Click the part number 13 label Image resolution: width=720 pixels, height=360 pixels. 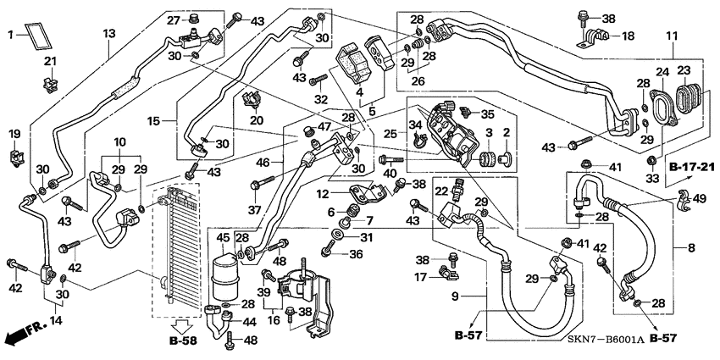(108, 33)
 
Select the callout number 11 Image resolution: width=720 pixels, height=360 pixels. (672, 36)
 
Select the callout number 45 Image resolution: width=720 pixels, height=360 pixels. (223, 237)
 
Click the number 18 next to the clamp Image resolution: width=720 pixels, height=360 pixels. (628, 36)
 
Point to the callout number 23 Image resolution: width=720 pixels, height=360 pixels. (683, 70)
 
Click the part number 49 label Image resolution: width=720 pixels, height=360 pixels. (701, 199)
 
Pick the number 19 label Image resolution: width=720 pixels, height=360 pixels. (14, 134)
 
